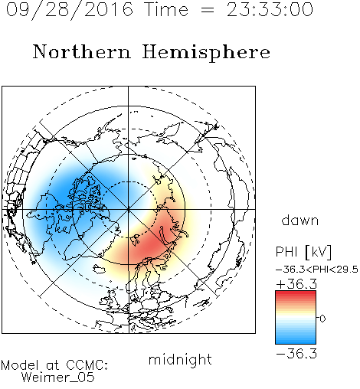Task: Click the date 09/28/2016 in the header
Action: click(x=70, y=10)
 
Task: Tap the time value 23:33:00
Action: click(x=270, y=9)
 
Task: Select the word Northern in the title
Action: click(x=82, y=51)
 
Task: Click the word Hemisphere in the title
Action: click(x=206, y=52)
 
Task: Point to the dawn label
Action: click(x=300, y=220)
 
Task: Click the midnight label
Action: click(x=180, y=359)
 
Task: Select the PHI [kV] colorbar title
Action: click(x=303, y=252)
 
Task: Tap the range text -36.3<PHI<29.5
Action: click(x=317, y=270)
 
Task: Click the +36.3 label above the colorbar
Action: click(x=296, y=284)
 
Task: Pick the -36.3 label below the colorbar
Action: click(x=296, y=354)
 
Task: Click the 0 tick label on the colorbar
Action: click(x=322, y=319)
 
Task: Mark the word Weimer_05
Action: click(x=58, y=377)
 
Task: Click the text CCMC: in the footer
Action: click(x=87, y=365)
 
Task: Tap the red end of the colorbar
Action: click(x=296, y=294)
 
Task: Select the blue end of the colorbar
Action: click(x=296, y=341)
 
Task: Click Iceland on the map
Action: click(x=99, y=269)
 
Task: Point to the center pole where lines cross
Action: click(x=128, y=209)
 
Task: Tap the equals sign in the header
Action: click(x=207, y=10)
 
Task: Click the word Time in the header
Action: click(x=166, y=9)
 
